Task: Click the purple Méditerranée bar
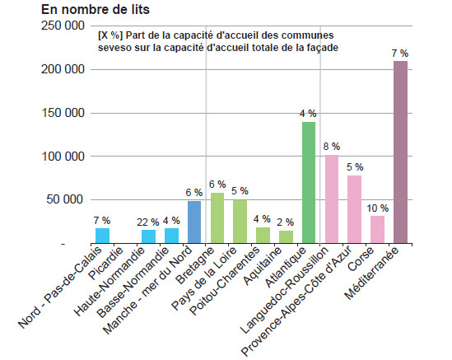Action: pyautogui.click(x=400, y=152)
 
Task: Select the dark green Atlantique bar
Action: pyautogui.click(x=309, y=183)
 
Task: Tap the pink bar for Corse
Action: pyautogui.click(x=377, y=229)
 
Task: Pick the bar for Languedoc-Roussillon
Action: pyautogui.click(x=332, y=199)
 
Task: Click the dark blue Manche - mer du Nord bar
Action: pyautogui.click(x=194, y=222)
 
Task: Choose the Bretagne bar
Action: pyautogui.click(x=217, y=217)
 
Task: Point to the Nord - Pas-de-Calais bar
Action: pyautogui.click(x=102, y=236)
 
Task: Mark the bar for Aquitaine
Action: pyautogui.click(x=286, y=236)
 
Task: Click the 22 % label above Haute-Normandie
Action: pyautogui.click(x=148, y=222)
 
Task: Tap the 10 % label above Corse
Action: pyautogui.click(x=378, y=208)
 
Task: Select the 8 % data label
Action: pyautogui.click(x=332, y=147)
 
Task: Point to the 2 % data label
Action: pyautogui.click(x=286, y=222)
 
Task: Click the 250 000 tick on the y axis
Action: pyautogui.click(x=63, y=26)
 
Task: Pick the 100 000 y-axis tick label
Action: pyautogui.click(x=63, y=157)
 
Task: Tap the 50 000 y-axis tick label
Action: pyautogui.click(x=65, y=199)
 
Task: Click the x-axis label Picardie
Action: pyautogui.click(x=106, y=263)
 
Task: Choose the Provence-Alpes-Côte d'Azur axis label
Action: pyautogui.click(x=296, y=301)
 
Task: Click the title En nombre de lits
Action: pyautogui.click(x=96, y=9)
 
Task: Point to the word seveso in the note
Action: pyautogui.click(x=114, y=48)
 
